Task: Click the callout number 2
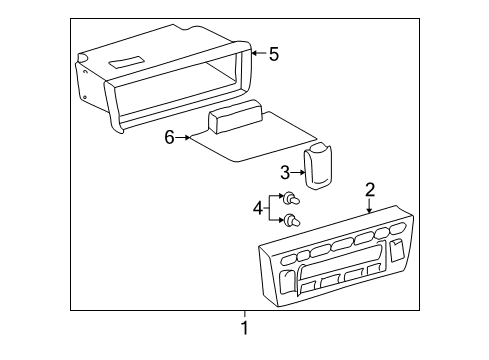click(x=370, y=189)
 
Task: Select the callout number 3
click(x=284, y=171)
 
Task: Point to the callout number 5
click(x=273, y=53)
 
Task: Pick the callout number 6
click(x=169, y=137)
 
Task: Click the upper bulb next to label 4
click(x=287, y=199)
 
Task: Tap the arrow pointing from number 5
click(x=258, y=53)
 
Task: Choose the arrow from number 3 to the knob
click(x=298, y=171)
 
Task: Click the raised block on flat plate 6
click(x=234, y=119)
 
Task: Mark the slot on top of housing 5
click(x=126, y=63)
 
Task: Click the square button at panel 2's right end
click(x=399, y=250)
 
